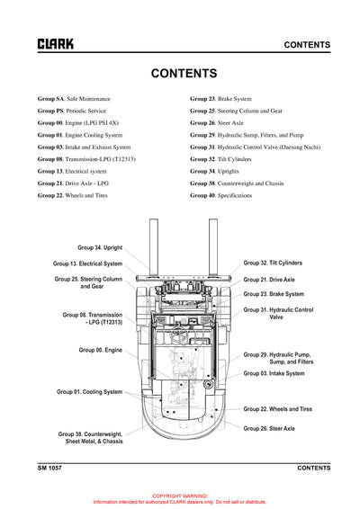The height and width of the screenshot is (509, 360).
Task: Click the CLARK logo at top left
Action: [56, 43]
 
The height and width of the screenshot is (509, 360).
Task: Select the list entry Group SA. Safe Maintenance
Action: [74, 98]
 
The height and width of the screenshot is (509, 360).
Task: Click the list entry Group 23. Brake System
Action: [220, 98]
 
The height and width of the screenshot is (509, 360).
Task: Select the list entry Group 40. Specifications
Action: [220, 194]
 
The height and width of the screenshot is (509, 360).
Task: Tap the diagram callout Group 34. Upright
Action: [99, 246]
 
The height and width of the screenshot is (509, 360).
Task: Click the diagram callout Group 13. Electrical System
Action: [87, 263]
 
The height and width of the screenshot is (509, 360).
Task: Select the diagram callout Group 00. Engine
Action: [100, 349]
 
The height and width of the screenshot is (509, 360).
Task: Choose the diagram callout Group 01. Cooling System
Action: [89, 391]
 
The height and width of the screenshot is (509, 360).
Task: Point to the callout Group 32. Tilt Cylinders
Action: [273, 263]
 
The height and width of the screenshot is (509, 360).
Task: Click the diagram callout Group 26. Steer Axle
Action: [268, 428]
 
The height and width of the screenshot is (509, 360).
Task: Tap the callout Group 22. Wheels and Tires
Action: [279, 408]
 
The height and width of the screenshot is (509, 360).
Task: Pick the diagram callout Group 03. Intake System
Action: [274, 373]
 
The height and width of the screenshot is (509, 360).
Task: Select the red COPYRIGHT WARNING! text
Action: [180, 496]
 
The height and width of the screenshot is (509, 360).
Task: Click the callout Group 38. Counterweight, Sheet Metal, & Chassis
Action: [90, 438]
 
